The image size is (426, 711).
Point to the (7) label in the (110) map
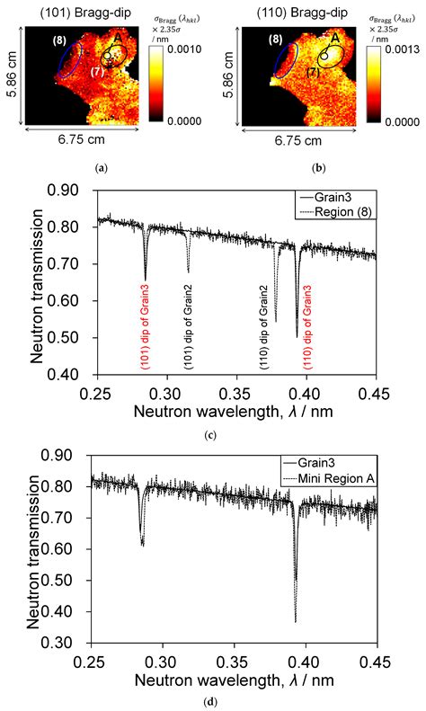point(312,71)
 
